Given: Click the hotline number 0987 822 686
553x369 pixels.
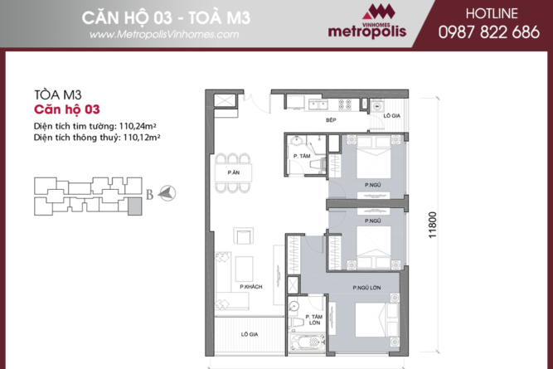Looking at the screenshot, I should tap(490, 33).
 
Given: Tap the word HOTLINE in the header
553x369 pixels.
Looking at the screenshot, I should tap(490, 15).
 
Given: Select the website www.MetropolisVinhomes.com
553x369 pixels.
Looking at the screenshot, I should tap(163, 35).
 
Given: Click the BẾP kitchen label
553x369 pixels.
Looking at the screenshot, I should tap(329, 120).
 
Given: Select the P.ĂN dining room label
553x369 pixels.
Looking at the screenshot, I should tap(235, 172).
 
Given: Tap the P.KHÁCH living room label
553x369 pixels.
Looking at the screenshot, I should tap(250, 286).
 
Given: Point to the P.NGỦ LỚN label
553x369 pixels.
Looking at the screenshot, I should tap(366, 287).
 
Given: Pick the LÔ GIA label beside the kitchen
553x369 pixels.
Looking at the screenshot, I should tap(392, 116).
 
